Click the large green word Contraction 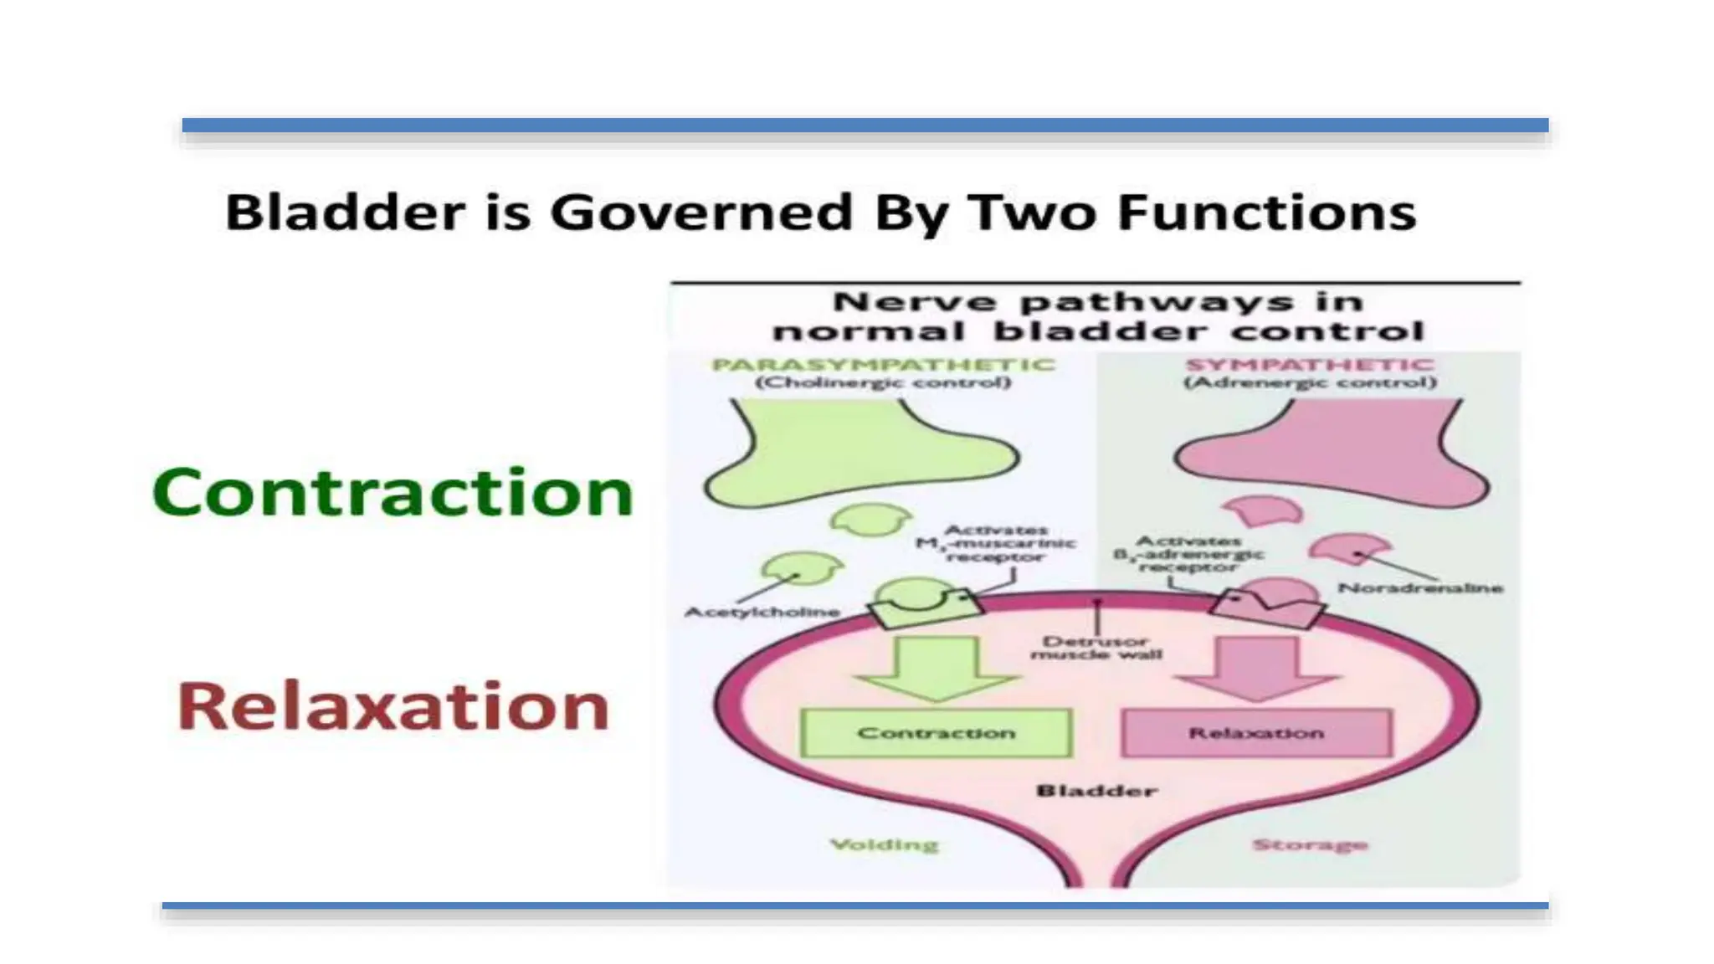click(x=392, y=493)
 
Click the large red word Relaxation click(x=393, y=708)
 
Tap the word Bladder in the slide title click(x=345, y=212)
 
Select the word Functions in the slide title click(x=1266, y=212)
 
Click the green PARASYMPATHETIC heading click(x=883, y=365)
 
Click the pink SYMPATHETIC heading click(x=1310, y=365)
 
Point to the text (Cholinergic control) click(x=883, y=383)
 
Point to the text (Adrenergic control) click(x=1310, y=383)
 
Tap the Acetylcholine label click(x=762, y=613)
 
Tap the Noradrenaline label click(x=1420, y=588)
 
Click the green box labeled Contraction click(x=936, y=733)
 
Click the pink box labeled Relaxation click(x=1256, y=733)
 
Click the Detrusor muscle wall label click(x=1096, y=648)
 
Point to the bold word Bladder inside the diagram click(x=1096, y=791)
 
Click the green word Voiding click(x=884, y=845)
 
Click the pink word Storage click(x=1310, y=845)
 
